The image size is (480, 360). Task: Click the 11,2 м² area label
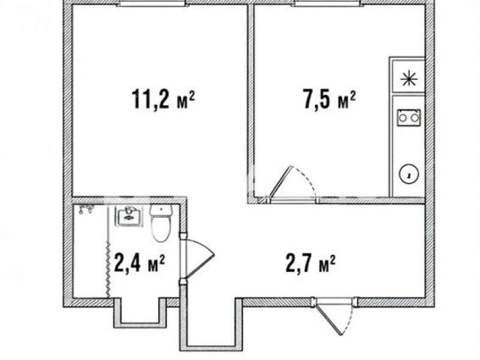coord(163,99)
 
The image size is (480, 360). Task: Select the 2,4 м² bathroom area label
coord(139,263)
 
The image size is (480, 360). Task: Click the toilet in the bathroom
coord(161,223)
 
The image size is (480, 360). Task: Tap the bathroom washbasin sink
coord(129,216)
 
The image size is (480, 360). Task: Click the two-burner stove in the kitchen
coord(409,118)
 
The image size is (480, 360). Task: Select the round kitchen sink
coord(409,175)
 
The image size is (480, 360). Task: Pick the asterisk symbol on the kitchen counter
coord(409,79)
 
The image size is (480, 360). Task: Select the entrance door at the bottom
coord(334,316)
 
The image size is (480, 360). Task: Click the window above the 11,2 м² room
coord(151,3)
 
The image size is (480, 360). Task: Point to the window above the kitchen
coord(326,3)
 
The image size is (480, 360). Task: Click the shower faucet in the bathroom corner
coord(86,209)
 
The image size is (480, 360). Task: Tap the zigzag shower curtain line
coord(108,269)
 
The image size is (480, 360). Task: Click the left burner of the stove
coord(403,118)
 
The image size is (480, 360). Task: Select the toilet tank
coord(161,210)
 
